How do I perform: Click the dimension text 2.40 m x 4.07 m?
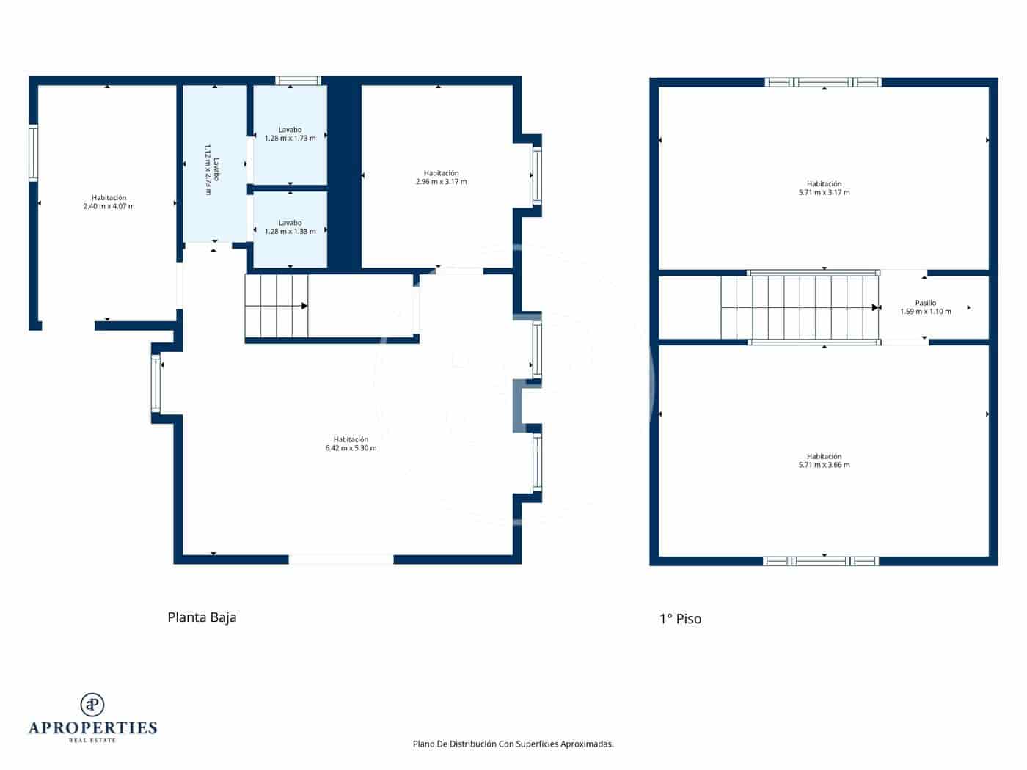point(109,207)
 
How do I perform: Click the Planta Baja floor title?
point(202,617)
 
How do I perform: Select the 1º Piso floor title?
point(680,619)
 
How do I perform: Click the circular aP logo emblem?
point(92,705)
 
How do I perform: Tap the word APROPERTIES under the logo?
point(92,728)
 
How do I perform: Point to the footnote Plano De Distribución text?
point(513,744)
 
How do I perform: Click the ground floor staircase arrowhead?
point(304,306)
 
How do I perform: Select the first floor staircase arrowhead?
point(875,307)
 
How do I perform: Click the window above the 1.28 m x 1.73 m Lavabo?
point(298,81)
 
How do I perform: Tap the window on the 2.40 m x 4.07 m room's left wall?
point(33,153)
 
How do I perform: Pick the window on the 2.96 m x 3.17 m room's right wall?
point(537,175)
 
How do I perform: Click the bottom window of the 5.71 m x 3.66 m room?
point(821,561)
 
